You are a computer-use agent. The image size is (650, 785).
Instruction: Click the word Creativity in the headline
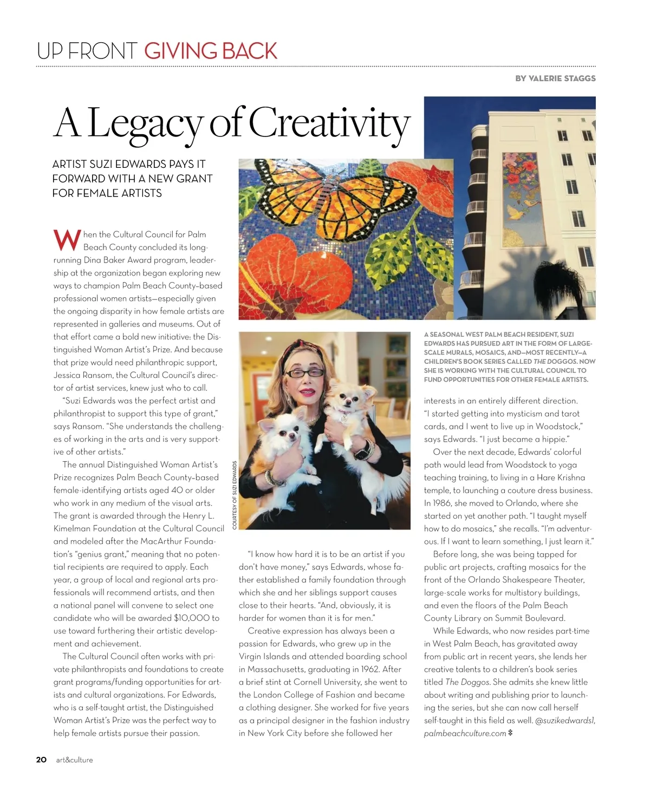(x=329, y=123)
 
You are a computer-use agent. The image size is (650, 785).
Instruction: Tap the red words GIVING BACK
(x=210, y=51)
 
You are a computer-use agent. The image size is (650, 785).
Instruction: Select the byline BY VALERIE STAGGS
(x=555, y=78)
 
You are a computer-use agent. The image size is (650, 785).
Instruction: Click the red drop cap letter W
(x=67, y=240)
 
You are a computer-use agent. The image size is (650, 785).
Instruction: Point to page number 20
(x=41, y=760)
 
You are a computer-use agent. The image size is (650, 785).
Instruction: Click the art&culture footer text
(x=74, y=760)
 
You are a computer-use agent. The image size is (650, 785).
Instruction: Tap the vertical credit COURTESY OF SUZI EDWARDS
(x=235, y=495)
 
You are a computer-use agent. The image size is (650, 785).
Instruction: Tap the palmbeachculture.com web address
(x=465, y=734)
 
